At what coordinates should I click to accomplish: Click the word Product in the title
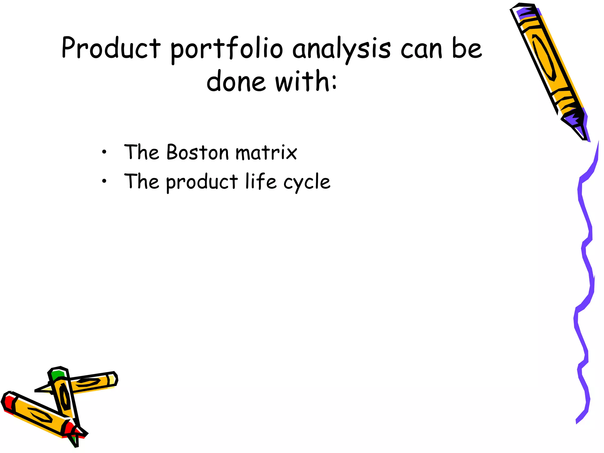coord(111,48)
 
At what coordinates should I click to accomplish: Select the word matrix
coord(266,153)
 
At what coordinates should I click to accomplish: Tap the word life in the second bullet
coord(261,181)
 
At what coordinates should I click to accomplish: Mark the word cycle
coord(307,183)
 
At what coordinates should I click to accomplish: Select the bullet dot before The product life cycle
coord(104,181)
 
